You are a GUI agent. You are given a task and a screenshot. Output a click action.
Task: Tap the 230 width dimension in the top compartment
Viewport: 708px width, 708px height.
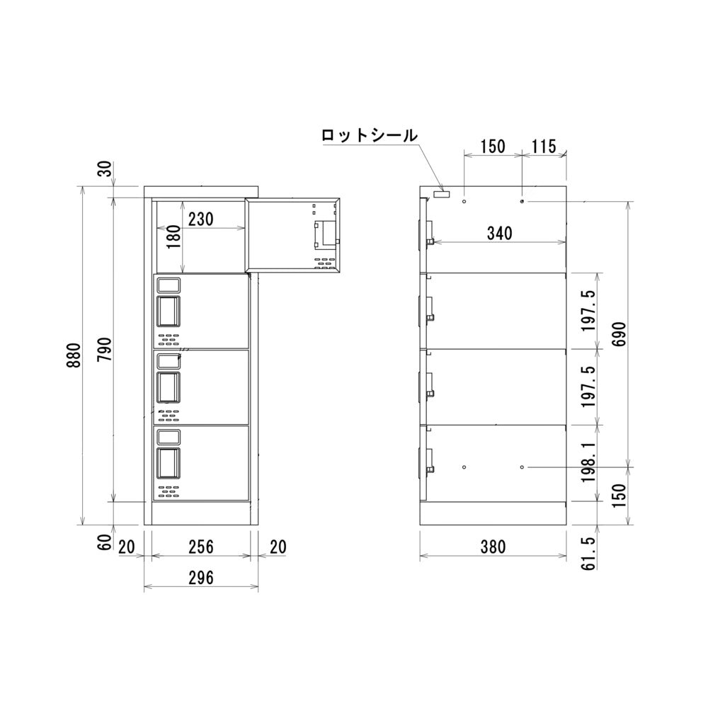(200, 219)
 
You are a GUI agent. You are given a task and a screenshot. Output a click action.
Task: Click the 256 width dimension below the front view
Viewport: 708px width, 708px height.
(201, 547)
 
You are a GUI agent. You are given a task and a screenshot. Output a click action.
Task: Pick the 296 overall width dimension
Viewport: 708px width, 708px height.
(201, 578)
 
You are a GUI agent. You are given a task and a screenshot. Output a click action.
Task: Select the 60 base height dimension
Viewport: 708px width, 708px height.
(104, 544)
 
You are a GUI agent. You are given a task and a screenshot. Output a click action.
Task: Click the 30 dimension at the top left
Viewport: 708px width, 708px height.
(104, 171)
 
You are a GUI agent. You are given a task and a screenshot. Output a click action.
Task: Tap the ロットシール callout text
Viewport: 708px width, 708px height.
(369, 136)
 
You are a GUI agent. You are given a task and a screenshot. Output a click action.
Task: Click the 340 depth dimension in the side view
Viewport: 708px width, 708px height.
(500, 233)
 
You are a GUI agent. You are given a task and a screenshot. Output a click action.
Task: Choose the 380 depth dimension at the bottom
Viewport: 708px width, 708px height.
(493, 547)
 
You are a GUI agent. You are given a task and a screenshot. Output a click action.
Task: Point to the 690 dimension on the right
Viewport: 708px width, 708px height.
(619, 333)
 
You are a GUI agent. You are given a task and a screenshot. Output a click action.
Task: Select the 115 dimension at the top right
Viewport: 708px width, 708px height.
(543, 147)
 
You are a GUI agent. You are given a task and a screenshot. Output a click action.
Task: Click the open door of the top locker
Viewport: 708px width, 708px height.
(293, 234)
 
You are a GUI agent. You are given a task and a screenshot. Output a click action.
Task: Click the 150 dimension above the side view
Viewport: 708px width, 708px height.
(492, 147)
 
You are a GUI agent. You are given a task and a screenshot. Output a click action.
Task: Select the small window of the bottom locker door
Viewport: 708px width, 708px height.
(169, 435)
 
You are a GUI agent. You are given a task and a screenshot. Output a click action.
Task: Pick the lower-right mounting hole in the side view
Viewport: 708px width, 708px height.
(522, 467)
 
